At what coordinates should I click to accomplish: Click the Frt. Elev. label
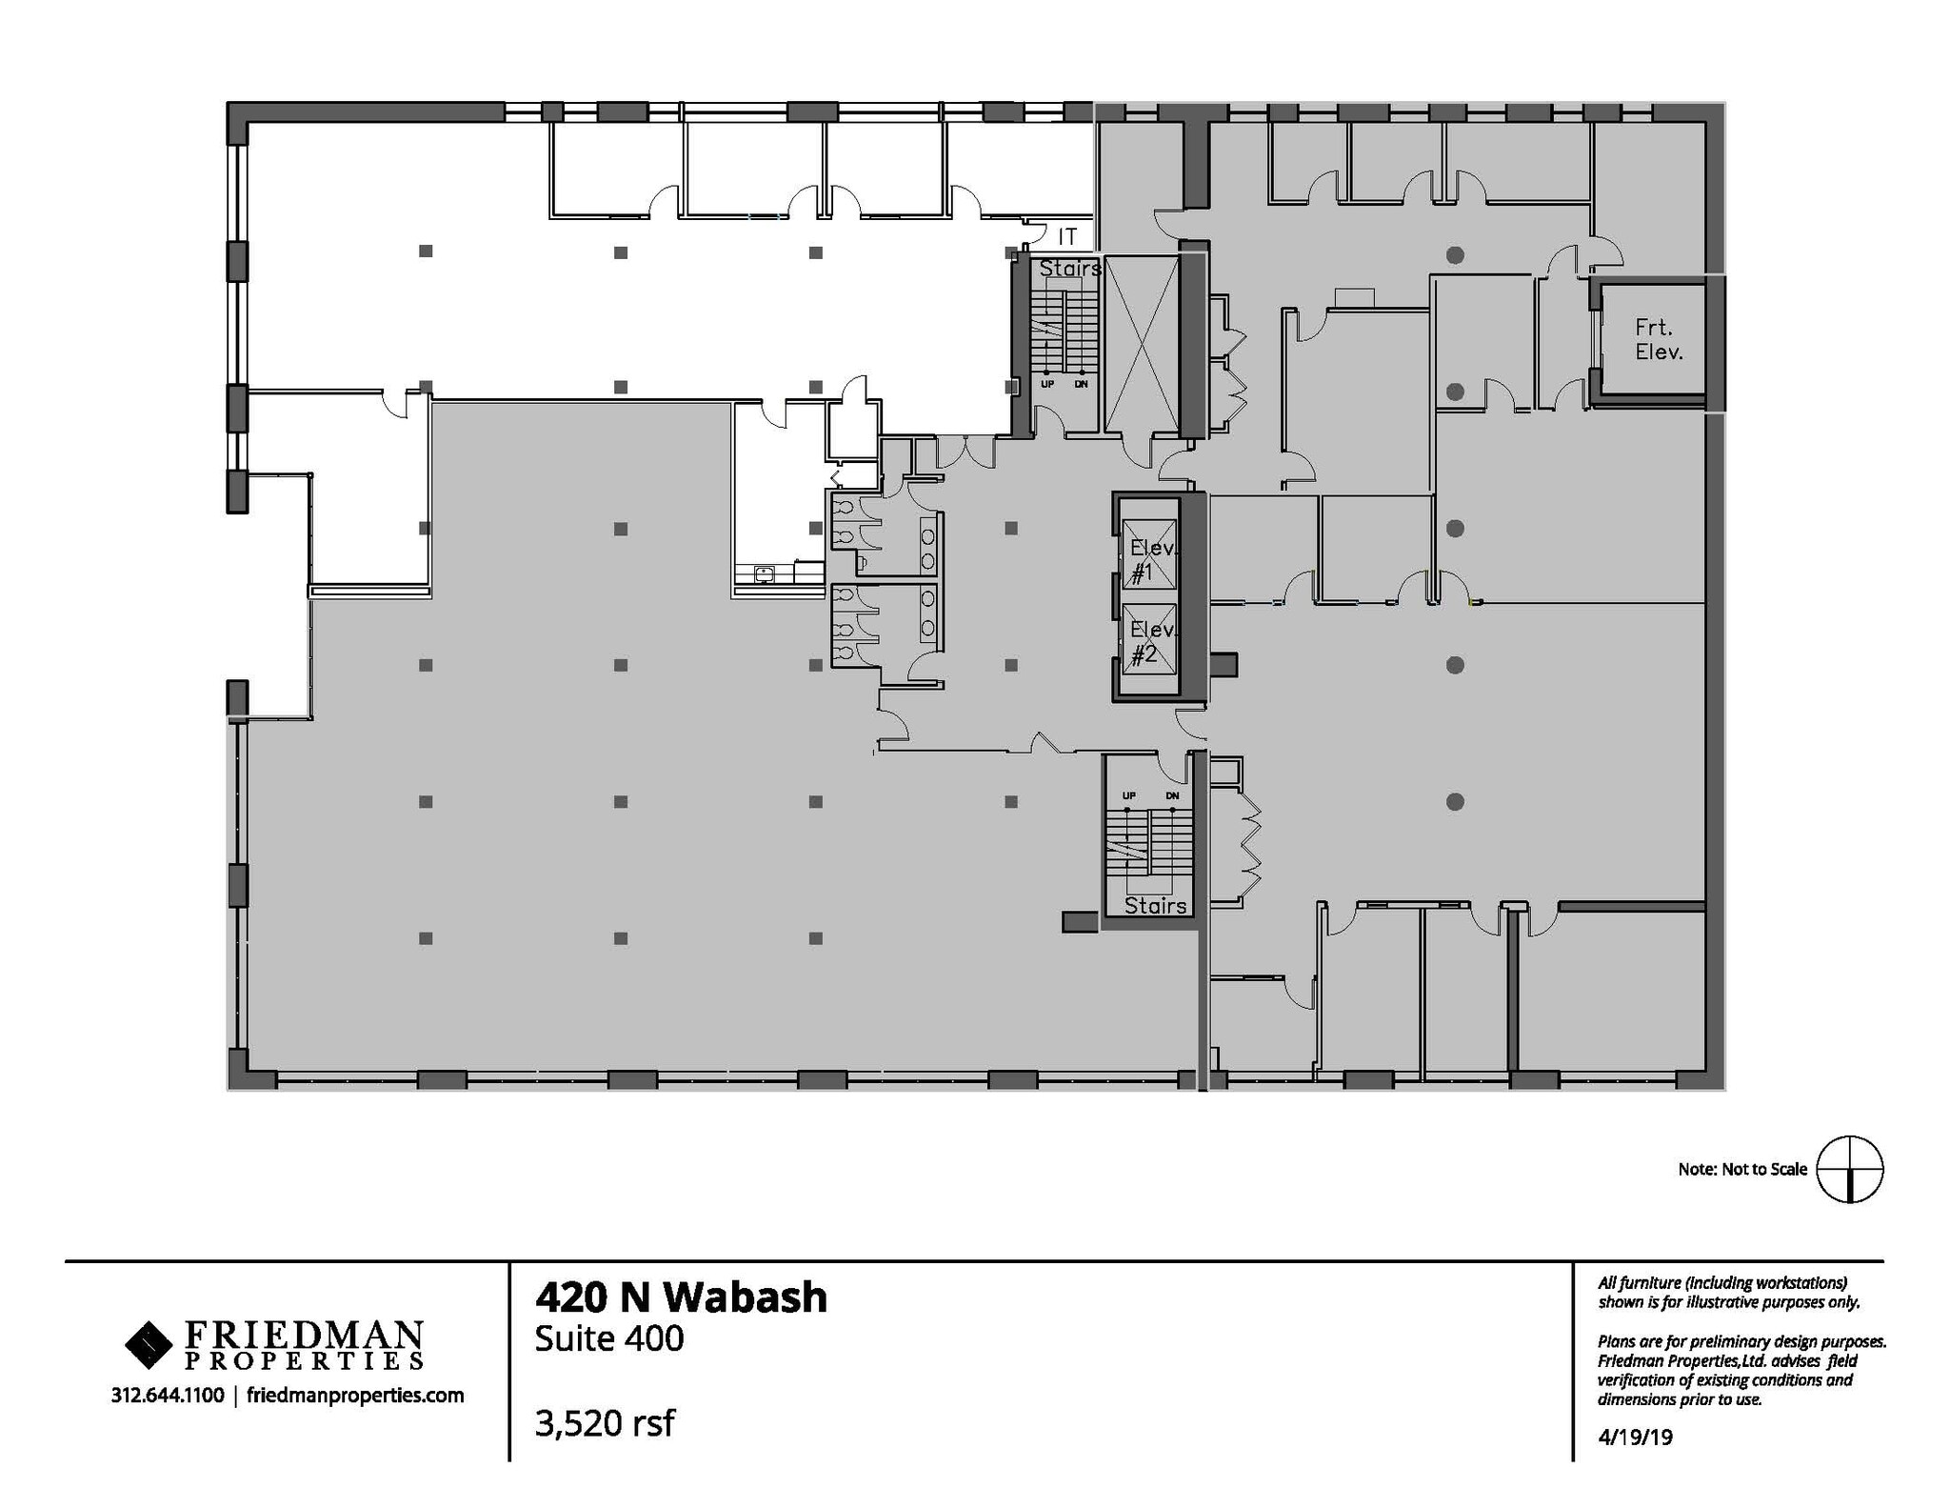point(1659,340)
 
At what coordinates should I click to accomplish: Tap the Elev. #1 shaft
point(1149,555)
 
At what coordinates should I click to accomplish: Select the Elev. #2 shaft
point(1149,637)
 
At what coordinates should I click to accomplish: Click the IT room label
point(1067,236)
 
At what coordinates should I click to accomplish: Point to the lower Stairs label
point(1155,906)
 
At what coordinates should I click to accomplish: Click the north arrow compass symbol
point(1849,1169)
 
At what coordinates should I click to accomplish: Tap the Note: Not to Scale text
point(1741,1169)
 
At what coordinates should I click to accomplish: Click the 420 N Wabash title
point(681,1297)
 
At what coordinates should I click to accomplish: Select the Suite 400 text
point(609,1338)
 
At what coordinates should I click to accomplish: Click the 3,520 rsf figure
point(605,1422)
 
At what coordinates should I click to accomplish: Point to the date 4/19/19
point(1635,1437)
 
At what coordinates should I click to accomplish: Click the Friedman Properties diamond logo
point(149,1344)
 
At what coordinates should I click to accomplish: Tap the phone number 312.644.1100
point(168,1396)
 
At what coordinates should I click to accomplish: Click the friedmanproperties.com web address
point(355,1396)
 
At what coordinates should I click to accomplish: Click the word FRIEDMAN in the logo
point(303,1333)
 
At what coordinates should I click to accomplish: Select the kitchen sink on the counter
point(764,573)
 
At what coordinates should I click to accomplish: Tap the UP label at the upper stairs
point(1047,385)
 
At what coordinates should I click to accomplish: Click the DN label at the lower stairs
point(1172,795)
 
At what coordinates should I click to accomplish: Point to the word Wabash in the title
point(744,1297)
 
